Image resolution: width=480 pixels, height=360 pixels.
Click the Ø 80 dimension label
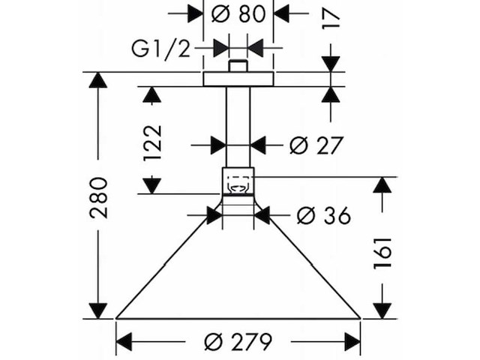pos(238,13)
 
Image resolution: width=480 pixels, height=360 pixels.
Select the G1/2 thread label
pos(161,49)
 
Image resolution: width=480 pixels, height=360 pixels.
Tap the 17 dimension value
pos(331,19)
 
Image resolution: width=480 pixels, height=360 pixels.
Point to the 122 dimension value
pos(152,142)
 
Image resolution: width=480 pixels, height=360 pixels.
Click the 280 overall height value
pos(98,198)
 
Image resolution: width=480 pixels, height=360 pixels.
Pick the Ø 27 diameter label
pos(316,145)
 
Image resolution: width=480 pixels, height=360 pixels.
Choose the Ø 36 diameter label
pos(323,215)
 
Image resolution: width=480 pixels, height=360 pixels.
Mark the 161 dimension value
pos(382,253)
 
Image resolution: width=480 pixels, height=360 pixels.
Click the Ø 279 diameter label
pos(238,342)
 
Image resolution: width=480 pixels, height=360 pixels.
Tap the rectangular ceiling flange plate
pos(238,79)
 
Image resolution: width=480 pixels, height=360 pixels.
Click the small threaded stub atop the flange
pos(238,66)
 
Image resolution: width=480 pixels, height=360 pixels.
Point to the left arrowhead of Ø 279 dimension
pos(124,342)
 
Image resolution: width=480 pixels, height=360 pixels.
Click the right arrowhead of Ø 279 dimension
pos(352,342)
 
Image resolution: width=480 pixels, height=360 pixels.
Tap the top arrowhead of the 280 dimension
pos(98,80)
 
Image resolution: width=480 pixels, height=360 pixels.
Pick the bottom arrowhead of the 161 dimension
pos(382,310)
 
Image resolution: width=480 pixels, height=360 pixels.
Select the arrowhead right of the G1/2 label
pos(221,48)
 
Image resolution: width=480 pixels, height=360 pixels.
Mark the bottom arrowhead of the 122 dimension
pos(152,187)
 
